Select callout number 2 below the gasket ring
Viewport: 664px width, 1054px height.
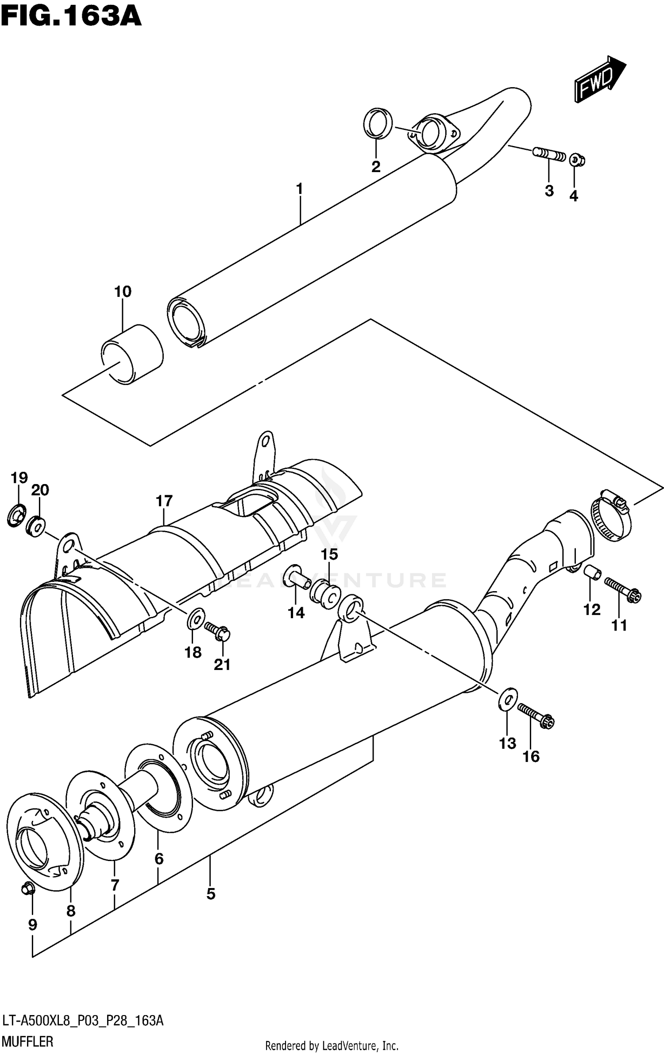coord(375,167)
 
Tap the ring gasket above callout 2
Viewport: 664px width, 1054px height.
coord(377,123)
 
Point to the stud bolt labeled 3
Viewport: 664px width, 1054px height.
coord(548,155)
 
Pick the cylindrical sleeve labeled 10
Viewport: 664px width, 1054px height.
coord(131,354)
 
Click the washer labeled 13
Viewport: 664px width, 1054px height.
coord(508,699)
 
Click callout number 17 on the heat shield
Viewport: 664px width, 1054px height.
coord(164,501)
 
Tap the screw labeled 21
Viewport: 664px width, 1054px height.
coord(217,631)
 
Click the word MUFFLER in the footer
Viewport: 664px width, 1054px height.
coord(27,1041)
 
